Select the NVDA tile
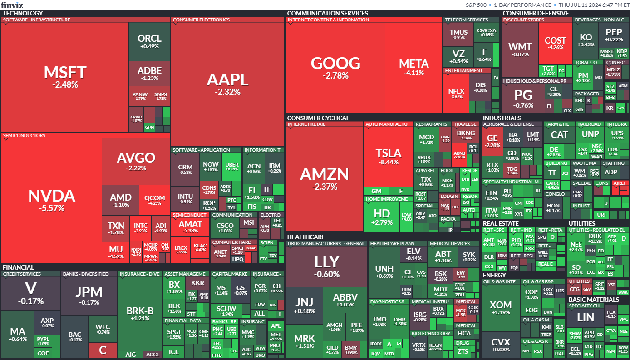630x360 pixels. click(51, 200)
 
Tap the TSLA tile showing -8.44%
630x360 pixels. click(388, 157)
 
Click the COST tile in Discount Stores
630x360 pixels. click(555, 43)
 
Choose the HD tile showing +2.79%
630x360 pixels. click(381, 216)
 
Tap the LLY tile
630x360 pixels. click(327, 266)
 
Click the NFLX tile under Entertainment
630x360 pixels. click(456, 93)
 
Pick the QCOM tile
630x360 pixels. click(154, 200)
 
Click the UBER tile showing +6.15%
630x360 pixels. click(231, 166)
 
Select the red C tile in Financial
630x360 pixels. click(103, 350)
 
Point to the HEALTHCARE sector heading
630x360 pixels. click(306, 237)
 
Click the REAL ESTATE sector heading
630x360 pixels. click(501, 223)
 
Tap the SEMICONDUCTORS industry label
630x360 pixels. click(25, 135)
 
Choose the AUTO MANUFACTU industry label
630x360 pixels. click(386, 124)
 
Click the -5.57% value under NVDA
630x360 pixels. click(51, 208)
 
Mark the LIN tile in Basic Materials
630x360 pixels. click(586, 318)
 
